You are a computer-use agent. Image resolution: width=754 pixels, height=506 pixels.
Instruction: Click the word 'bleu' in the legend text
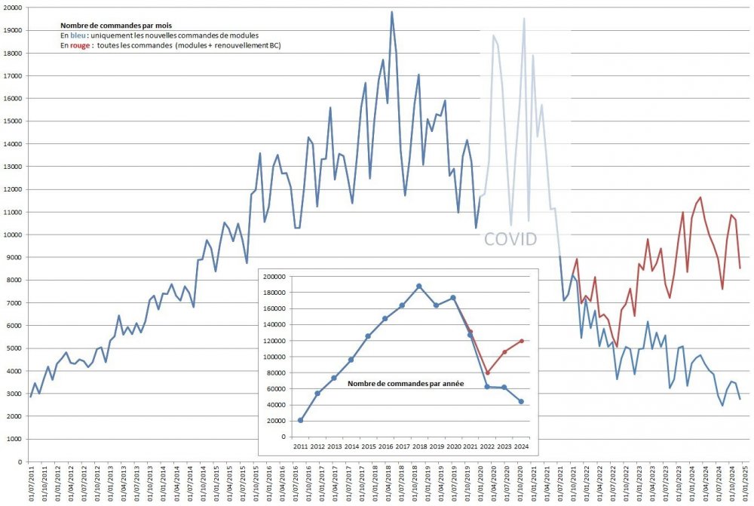[x=77, y=35]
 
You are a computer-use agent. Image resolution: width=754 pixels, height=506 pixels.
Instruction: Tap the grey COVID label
[x=510, y=240]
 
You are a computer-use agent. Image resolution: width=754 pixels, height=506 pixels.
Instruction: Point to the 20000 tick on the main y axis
[x=12, y=8]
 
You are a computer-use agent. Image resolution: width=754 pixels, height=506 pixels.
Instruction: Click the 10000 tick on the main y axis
[x=12, y=235]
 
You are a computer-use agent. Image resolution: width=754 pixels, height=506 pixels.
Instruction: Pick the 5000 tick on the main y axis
[x=14, y=348]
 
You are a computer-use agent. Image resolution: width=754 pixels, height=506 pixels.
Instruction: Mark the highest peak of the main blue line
[x=392, y=12]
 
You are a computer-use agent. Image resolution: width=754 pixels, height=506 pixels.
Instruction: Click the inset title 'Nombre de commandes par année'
[x=406, y=384]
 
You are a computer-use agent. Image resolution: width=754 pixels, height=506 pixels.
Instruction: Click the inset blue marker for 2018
[x=419, y=287]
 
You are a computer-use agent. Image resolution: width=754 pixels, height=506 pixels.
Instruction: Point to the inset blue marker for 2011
[x=301, y=420]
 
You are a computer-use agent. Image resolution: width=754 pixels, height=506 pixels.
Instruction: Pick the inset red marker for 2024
[x=522, y=341]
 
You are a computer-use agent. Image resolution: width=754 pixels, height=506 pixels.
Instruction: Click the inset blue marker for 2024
[x=522, y=401]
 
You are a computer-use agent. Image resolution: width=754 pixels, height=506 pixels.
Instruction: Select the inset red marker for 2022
[x=488, y=373]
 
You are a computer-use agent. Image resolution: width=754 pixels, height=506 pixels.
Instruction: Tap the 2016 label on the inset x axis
[x=385, y=446]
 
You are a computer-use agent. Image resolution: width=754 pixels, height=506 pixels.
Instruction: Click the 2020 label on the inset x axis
[x=453, y=446]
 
